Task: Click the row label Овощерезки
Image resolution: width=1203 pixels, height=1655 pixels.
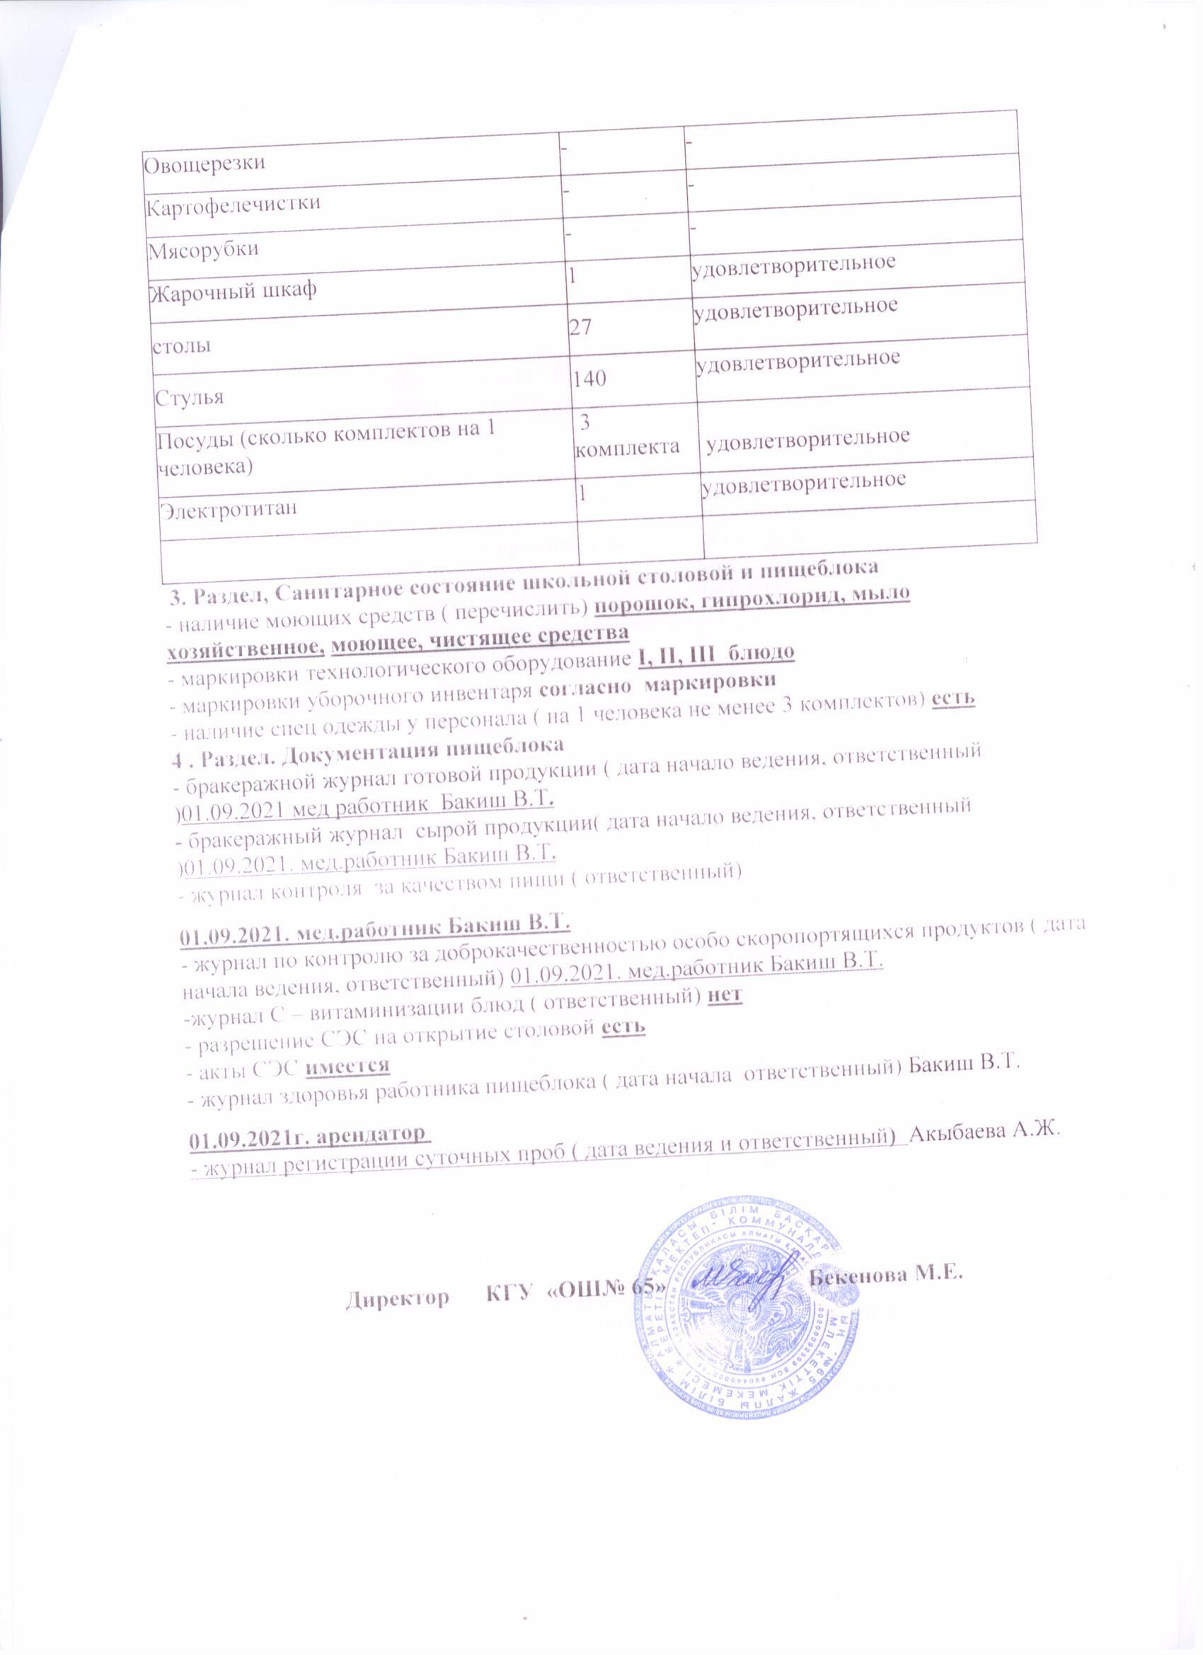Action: pyautogui.click(x=204, y=163)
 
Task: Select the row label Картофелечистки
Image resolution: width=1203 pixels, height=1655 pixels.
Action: pyautogui.click(x=233, y=204)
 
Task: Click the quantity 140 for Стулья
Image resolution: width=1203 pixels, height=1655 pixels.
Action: pyautogui.click(x=589, y=378)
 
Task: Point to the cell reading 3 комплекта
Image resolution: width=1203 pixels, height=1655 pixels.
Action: pyautogui.click(x=626, y=435)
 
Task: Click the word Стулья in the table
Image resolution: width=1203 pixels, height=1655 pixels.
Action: pyautogui.click(x=189, y=399)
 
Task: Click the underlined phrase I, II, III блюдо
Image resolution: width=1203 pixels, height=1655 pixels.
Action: pyautogui.click(x=715, y=651)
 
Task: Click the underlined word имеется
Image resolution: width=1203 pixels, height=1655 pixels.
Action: pyautogui.click(x=347, y=1065)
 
